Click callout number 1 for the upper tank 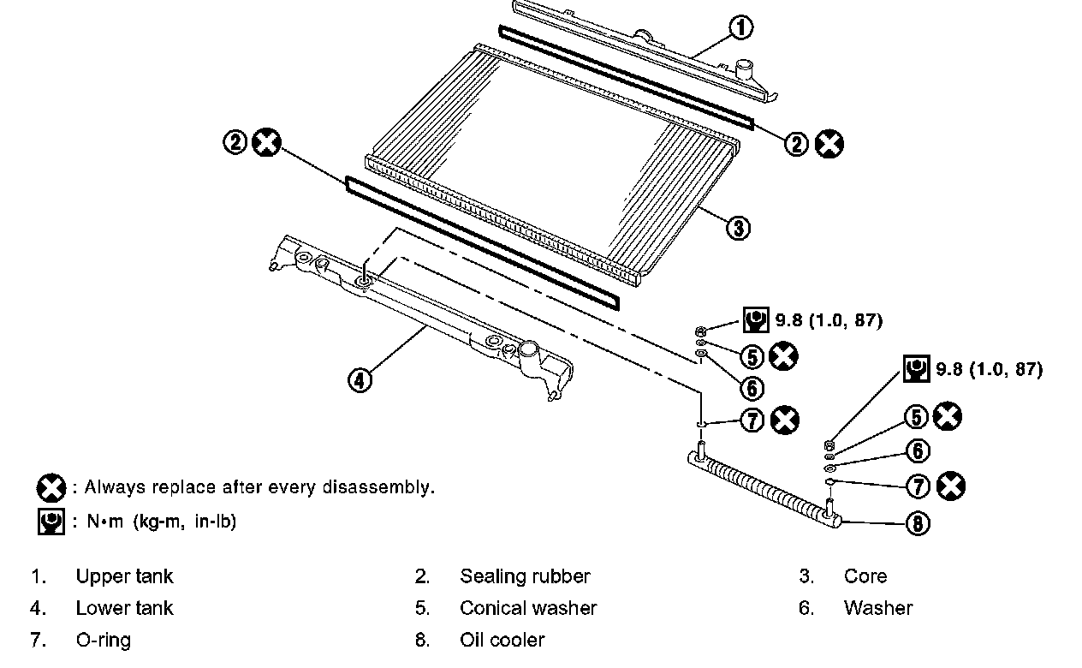[740, 28]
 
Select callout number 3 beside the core [737, 227]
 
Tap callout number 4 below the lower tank [360, 379]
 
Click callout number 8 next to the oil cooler [917, 522]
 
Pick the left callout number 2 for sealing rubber [235, 143]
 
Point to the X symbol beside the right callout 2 [828, 144]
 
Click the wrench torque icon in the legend [51, 521]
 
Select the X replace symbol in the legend [51, 488]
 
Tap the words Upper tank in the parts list [124, 576]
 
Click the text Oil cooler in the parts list [502, 640]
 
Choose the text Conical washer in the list [528, 608]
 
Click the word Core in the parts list [865, 576]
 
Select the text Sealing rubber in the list [525, 576]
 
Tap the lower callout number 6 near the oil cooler [917, 450]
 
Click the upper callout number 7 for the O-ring [751, 420]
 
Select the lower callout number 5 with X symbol [916, 417]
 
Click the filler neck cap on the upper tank [743, 67]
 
